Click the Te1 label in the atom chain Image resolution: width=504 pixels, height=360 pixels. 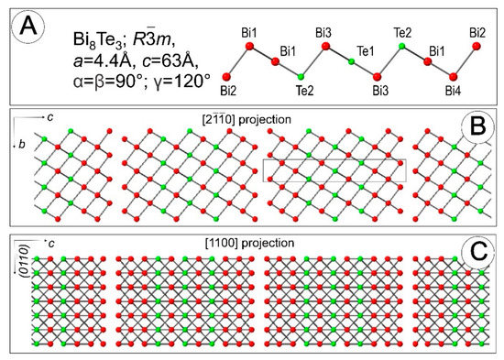(x=354, y=48)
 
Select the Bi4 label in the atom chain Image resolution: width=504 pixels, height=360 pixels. (x=453, y=90)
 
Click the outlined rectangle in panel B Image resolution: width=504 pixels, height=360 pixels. (x=334, y=169)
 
